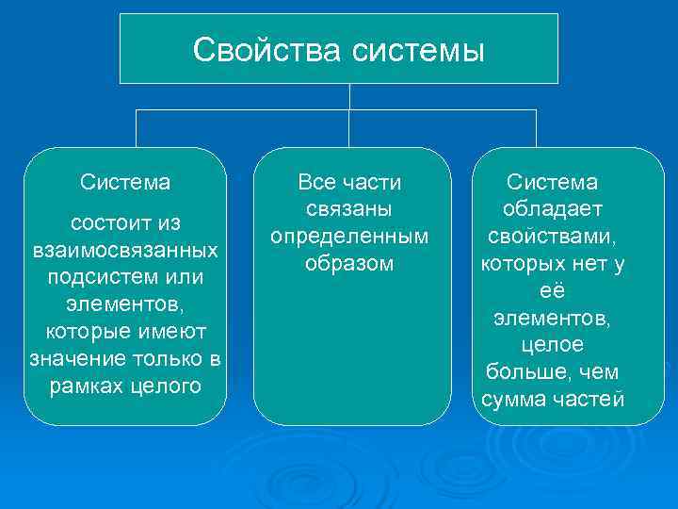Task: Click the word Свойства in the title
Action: (268, 50)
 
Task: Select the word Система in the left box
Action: (125, 180)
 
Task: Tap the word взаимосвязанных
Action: (125, 252)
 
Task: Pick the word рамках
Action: (84, 386)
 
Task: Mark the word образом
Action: (349, 262)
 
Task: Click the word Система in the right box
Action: (553, 180)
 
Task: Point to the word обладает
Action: (553, 207)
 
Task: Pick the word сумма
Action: (515, 400)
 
